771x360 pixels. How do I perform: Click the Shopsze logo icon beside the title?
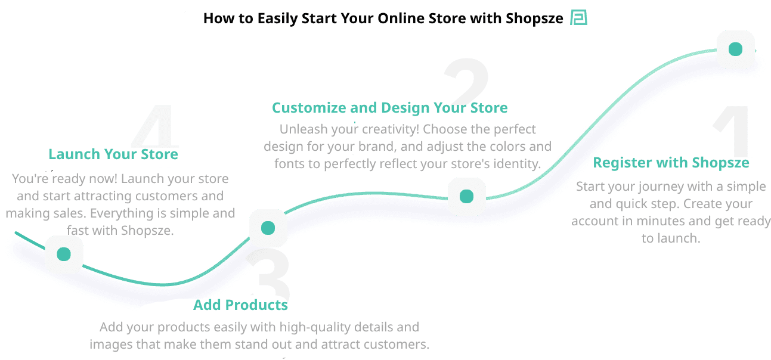coord(578,18)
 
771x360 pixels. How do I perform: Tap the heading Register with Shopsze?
coord(671,163)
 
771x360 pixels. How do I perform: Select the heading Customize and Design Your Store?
coord(389,108)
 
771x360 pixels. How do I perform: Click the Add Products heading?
coord(240,305)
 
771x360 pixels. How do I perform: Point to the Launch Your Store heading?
coord(113,154)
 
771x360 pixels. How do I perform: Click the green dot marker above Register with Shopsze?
coord(735,49)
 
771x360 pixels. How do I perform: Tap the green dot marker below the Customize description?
coord(466,196)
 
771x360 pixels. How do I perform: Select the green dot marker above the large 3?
coord(268,228)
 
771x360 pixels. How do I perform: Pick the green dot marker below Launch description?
coord(64,255)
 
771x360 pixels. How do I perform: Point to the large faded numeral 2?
coord(467,80)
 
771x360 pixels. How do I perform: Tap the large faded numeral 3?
coord(268,274)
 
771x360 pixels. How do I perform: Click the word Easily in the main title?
coord(279,18)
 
